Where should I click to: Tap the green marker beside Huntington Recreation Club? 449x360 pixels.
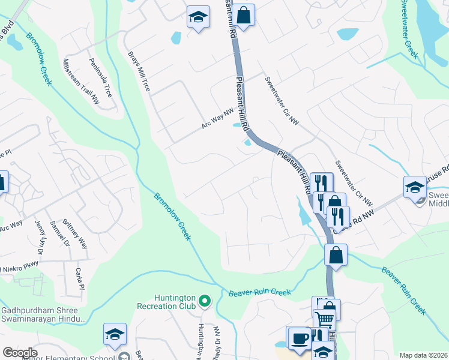(205, 299)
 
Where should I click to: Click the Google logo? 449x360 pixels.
(20, 352)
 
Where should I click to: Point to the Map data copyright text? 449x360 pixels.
(424, 355)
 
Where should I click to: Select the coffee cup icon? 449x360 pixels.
(298, 338)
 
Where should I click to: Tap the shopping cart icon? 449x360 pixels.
(325, 318)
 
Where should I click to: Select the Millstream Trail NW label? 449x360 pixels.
(81, 82)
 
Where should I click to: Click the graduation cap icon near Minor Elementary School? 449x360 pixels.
(115, 335)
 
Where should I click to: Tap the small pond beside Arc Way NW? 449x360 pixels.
(235, 125)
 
